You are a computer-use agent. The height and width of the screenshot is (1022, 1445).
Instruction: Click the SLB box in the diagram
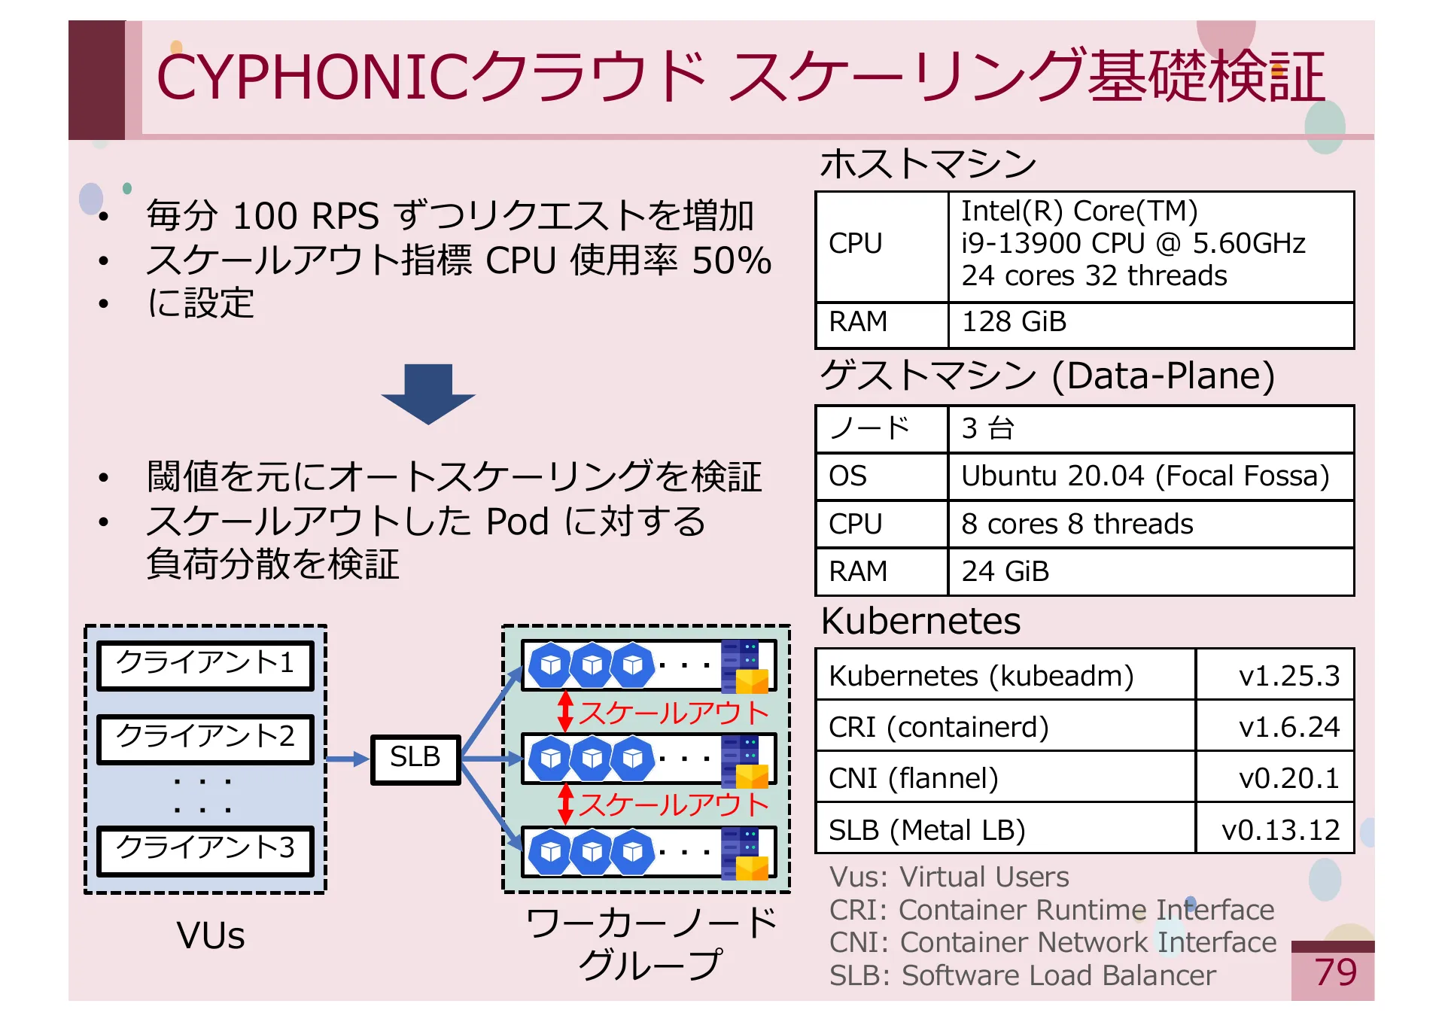point(415,759)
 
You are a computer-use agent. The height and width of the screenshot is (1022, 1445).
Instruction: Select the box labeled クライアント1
point(205,665)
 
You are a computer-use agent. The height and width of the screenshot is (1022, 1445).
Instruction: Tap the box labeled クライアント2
point(205,739)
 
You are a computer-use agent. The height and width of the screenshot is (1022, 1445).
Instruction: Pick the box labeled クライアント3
point(205,851)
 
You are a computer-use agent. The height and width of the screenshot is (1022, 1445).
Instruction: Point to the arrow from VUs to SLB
point(348,759)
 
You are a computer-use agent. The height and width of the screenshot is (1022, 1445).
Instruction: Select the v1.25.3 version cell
point(1275,675)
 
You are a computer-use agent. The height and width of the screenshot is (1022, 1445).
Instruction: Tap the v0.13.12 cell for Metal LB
point(1275,829)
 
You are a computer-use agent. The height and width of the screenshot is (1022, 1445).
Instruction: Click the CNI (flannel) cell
point(1006,777)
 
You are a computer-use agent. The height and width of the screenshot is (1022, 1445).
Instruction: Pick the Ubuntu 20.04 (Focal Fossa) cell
point(1151,476)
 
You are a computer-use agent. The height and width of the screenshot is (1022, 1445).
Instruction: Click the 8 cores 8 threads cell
point(1151,524)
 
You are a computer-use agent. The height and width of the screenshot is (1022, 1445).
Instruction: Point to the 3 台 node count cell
point(1151,429)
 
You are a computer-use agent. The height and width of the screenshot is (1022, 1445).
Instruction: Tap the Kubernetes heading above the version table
point(920,622)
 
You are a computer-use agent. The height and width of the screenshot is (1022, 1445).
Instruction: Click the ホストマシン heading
point(928,163)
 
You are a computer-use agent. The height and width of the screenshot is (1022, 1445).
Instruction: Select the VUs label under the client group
point(211,935)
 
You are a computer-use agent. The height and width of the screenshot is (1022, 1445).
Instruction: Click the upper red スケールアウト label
point(673,713)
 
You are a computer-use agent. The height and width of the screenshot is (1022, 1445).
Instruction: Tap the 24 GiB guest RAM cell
point(1151,571)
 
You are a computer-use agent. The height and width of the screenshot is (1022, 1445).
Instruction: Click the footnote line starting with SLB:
point(1023,975)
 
